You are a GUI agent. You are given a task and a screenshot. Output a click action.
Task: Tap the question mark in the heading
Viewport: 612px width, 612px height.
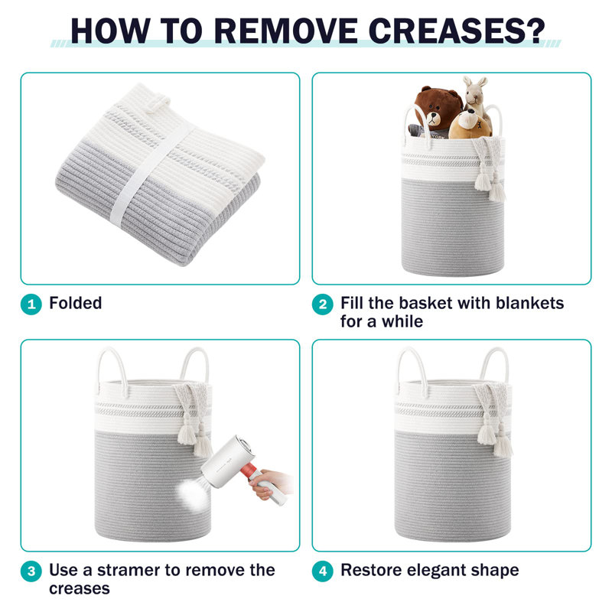[x=535, y=31]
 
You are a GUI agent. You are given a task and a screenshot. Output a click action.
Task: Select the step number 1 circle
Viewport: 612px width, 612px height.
[x=31, y=304]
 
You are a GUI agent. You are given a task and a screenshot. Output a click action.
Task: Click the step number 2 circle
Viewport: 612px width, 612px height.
[x=323, y=304]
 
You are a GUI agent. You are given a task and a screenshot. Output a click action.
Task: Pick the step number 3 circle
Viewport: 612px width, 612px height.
[x=31, y=571]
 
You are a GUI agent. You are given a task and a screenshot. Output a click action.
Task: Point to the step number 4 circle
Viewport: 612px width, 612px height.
[x=323, y=571]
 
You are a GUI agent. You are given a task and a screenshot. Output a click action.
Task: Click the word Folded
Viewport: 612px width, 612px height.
[x=76, y=303]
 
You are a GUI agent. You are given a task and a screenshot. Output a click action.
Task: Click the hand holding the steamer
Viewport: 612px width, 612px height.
[x=269, y=483]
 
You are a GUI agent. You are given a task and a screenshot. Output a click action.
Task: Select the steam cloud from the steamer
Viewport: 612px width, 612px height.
[x=194, y=493]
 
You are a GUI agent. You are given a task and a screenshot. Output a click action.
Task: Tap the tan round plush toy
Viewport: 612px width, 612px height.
[x=470, y=124]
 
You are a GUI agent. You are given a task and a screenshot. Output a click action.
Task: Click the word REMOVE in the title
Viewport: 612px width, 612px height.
[x=286, y=31]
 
